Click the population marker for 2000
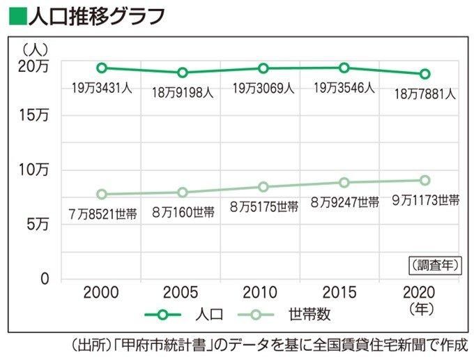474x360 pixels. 102,68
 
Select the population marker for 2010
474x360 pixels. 263,68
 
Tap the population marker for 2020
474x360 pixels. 425,74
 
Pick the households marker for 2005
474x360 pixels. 183,192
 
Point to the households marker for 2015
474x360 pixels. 344,182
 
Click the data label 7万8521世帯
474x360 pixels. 102,212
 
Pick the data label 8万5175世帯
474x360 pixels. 264,207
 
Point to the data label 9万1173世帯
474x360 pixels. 425,200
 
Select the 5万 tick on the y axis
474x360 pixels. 38,225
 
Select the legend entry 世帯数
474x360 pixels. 308,315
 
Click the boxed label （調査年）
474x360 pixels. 431,264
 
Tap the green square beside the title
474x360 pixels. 15,14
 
